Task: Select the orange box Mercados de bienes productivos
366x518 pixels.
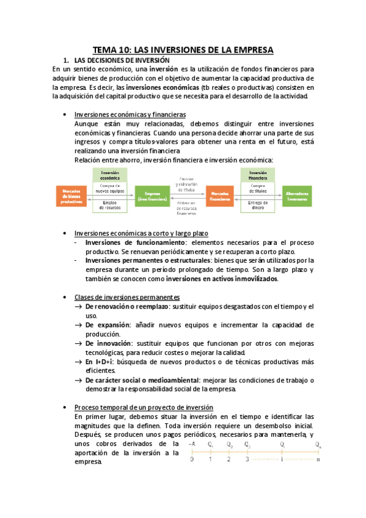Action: coord(71,196)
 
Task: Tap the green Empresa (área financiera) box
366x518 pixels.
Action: coord(152,196)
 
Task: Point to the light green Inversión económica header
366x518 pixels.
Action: coord(111,175)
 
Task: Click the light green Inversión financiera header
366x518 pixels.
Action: coord(257,175)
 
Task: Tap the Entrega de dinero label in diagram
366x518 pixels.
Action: coord(257,206)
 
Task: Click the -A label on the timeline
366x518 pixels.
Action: coord(192,444)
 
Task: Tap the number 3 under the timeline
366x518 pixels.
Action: coord(247,459)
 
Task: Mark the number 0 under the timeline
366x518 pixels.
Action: coord(192,459)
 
